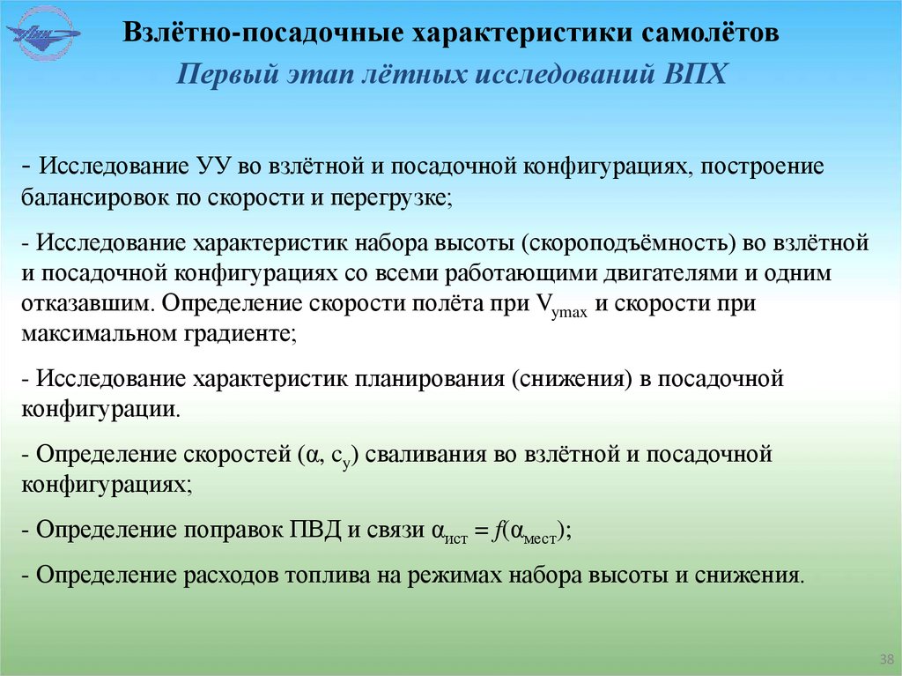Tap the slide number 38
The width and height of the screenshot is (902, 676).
click(x=886, y=659)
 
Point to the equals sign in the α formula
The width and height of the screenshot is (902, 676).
click(x=479, y=531)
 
